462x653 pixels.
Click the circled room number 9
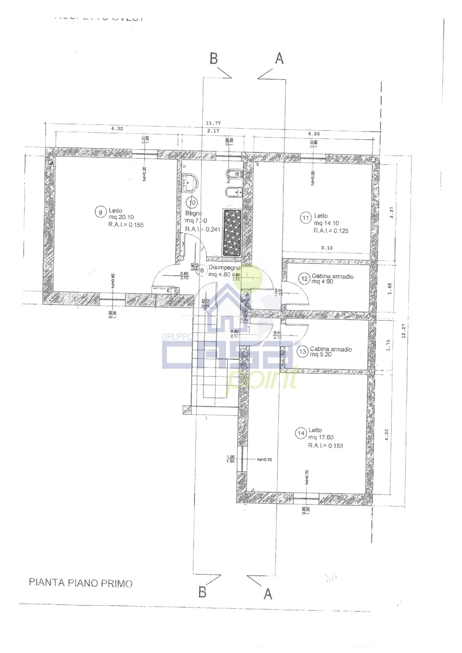tap(100, 212)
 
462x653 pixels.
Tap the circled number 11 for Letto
tap(306, 218)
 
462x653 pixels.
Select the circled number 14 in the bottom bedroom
tap(301, 433)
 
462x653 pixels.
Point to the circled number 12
tap(305, 279)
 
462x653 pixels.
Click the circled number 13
tap(303, 351)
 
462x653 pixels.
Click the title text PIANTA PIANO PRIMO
tap(81, 583)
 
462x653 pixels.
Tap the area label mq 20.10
tap(121, 217)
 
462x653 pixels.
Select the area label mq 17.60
tap(321, 437)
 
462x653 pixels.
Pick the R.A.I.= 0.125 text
tap(331, 231)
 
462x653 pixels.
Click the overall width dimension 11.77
tap(213, 123)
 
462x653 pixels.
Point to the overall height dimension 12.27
tap(404, 331)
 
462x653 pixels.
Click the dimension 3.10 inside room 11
tap(327, 248)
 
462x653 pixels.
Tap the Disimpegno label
tap(224, 268)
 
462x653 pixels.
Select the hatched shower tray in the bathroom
tap(232, 233)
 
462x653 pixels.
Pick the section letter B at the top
tap(213, 59)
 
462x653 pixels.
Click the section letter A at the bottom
tap(268, 594)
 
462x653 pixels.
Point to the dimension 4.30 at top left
tap(117, 129)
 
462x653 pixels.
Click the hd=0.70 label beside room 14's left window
tap(264, 460)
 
